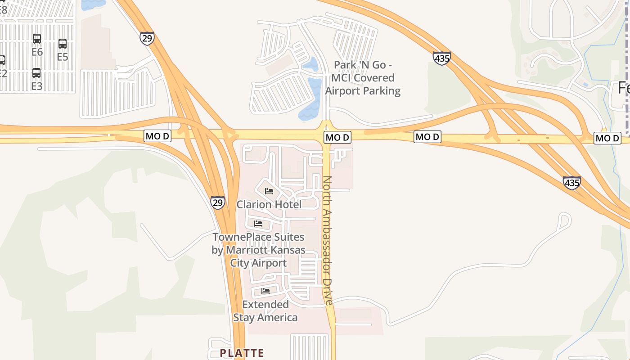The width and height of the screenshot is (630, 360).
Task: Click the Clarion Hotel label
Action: click(269, 204)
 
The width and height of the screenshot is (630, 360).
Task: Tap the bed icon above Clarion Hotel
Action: click(269, 191)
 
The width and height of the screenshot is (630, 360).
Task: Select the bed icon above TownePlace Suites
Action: click(258, 223)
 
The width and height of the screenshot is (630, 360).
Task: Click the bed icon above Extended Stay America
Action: click(265, 291)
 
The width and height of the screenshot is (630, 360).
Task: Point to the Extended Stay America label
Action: click(265, 311)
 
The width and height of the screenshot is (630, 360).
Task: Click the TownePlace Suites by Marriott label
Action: click(258, 250)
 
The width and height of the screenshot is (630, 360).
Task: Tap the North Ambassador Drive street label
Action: click(328, 240)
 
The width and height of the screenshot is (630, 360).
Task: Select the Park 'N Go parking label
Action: click(363, 78)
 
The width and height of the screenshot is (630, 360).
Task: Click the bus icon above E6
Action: click(37, 39)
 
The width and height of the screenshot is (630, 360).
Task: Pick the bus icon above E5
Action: click(63, 44)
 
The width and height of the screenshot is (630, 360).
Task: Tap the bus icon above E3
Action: click(36, 73)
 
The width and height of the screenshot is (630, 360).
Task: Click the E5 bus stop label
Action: click(63, 57)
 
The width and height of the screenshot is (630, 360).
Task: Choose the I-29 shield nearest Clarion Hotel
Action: click(218, 202)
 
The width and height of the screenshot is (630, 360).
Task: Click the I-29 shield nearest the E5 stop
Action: click(147, 38)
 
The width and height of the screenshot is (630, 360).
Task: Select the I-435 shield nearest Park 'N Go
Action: click(442, 58)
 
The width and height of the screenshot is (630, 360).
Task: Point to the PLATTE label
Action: click(242, 353)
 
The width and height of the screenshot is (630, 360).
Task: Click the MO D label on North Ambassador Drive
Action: click(337, 137)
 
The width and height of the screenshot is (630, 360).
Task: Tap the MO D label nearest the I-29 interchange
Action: click(157, 136)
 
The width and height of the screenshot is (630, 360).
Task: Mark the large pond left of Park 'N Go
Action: click(311, 100)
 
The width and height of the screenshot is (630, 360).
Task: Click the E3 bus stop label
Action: click(36, 86)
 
